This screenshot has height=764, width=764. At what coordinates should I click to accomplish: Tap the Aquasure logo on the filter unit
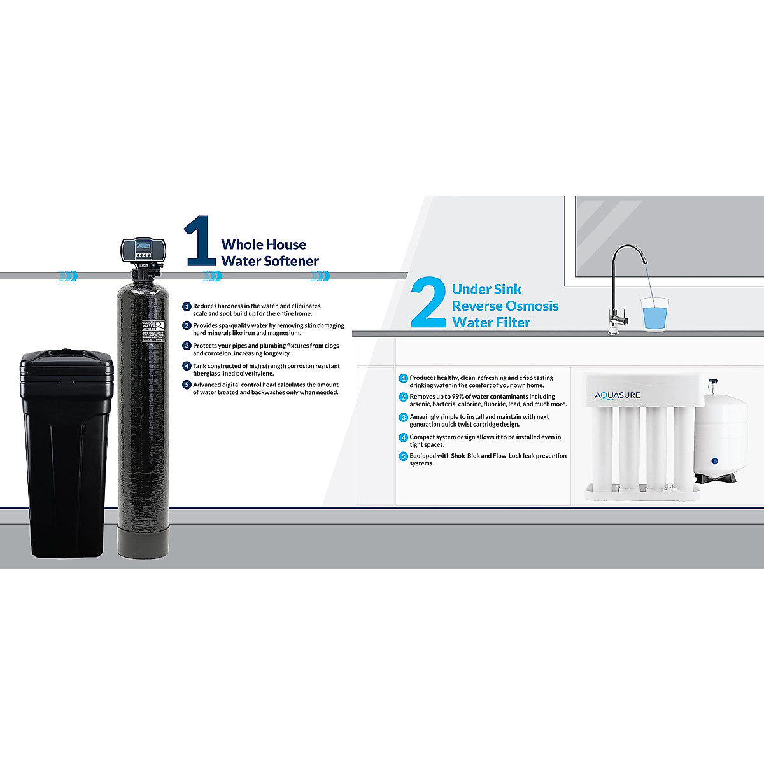tap(617, 395)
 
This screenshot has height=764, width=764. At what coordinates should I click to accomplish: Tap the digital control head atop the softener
tap(143, 250)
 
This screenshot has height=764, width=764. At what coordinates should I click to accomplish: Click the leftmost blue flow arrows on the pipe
tap(67, 276)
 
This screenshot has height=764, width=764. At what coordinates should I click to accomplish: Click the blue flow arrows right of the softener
tap(212, 276)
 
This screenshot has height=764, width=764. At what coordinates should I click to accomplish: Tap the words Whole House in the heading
tap(263, 244)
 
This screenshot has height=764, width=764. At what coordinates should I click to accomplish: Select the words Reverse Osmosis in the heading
tap(506, 306)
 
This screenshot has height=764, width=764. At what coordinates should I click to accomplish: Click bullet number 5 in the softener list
tap(187, 385)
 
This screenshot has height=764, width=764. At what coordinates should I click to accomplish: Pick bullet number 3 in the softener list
tap(187, 346)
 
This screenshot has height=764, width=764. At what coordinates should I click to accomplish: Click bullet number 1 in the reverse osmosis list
tap(403, 378)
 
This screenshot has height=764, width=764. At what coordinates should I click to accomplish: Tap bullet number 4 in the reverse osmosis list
tap(403, 437)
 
